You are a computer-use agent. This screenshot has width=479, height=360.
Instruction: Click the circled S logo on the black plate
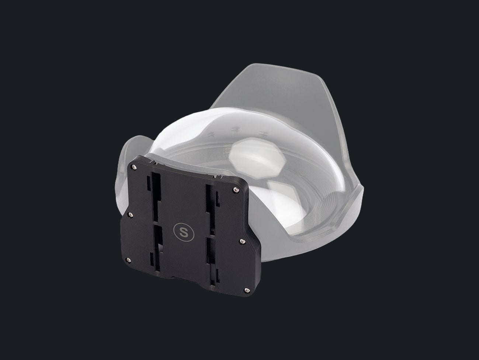coord(184,232)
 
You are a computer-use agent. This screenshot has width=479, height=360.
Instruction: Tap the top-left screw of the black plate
coord(133,167)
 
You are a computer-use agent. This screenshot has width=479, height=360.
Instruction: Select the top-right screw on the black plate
coord(236,190)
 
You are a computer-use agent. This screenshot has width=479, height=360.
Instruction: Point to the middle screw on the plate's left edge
coord(131,215)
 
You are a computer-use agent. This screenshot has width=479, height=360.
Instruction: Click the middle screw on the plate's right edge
coord(242,241)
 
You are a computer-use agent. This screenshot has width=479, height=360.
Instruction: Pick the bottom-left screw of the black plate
coord(128,260)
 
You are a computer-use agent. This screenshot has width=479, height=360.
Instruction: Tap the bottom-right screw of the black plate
coord(247,290)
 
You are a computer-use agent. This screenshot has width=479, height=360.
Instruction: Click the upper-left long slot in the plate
coord(156,196)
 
